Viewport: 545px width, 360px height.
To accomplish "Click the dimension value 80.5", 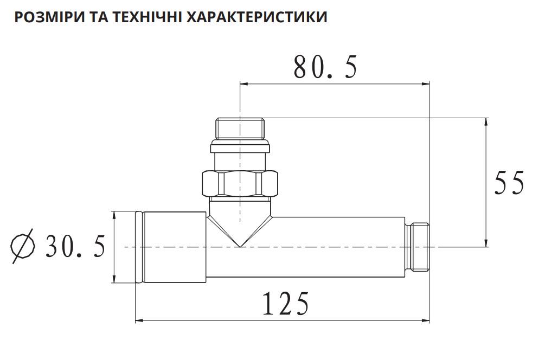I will pyautogui.click(x=325, y=68).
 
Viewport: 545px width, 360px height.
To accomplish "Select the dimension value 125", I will pyautogui.click(x=286, y=304).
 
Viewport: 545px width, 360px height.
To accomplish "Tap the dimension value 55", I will pyautogui.click(x=509, y=183).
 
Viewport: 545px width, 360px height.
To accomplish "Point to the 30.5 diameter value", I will pyautogui.click(x=75, y=247).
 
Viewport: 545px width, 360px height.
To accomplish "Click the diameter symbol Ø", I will pyautogui.click(x=23, y=247).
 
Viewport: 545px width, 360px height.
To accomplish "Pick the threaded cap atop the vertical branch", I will pyautogui.click(x=240, y=128).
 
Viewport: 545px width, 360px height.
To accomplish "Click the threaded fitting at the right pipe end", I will pyautogui.click(x=419, y=247).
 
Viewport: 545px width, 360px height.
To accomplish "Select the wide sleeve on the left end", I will pyautogui.click(x=172, y=247).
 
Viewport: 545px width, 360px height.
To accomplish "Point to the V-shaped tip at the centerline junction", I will pyautogui.click(x=240, y=244).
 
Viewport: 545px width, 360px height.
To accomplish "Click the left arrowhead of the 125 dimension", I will pyautogui.click(x=138, y=321).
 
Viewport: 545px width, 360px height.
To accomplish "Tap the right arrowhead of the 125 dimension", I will pyautogui.click(x=426, y=321).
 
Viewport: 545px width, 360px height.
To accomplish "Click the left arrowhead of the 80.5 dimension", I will pyautogui.click(x=243, y=83).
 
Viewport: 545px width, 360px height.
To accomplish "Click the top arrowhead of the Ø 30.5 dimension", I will pyautogui.click(x=114, y=215).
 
